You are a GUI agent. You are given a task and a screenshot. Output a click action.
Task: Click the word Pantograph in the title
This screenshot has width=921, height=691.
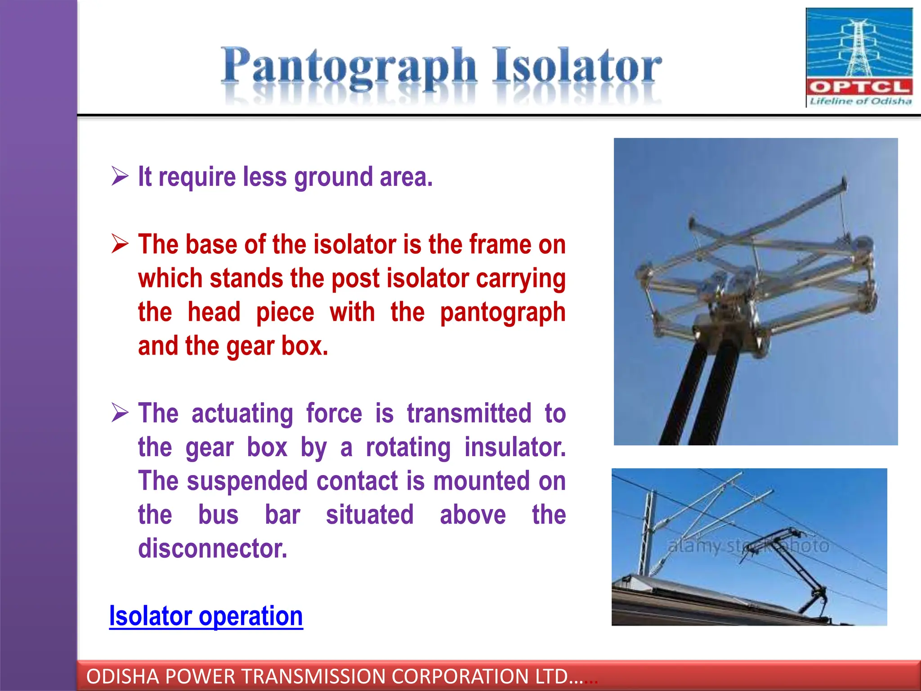[349, 67]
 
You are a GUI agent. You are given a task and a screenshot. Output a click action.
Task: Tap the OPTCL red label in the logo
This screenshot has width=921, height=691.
[859, 87]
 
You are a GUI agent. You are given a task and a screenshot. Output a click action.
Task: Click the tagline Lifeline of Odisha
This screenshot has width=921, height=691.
[860, 101]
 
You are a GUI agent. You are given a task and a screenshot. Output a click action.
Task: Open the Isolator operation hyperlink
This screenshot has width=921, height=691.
[206, 616]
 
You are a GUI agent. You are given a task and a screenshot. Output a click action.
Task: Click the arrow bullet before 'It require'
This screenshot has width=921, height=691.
[120, 176]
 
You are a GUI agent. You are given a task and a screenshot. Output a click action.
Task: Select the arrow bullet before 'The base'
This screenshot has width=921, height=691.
[120, 244]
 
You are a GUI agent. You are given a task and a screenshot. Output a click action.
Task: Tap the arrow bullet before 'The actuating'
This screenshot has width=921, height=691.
[120, 413]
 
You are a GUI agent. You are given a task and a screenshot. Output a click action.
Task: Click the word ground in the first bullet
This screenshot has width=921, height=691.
[334, 177]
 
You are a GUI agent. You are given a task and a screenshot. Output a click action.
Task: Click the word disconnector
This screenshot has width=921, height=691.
[212, 548]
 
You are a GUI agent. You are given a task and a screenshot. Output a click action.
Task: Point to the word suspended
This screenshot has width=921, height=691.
[247, 481]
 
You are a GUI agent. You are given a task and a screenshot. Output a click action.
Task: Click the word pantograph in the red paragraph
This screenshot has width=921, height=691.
[502, 313]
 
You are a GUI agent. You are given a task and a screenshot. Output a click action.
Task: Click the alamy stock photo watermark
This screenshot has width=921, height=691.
[748, 546]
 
